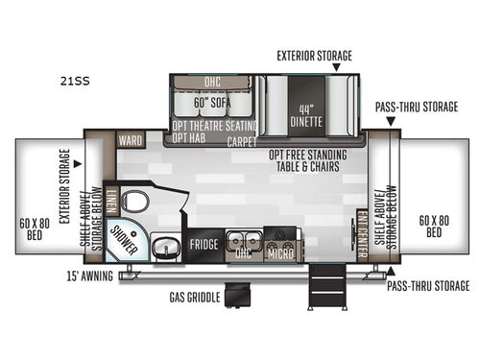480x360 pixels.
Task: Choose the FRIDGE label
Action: click(203, 244)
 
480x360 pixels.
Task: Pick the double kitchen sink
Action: click(241, 240)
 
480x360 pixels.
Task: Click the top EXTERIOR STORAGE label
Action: click(314, 55)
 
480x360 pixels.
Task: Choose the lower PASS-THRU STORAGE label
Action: click(428, 286)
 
